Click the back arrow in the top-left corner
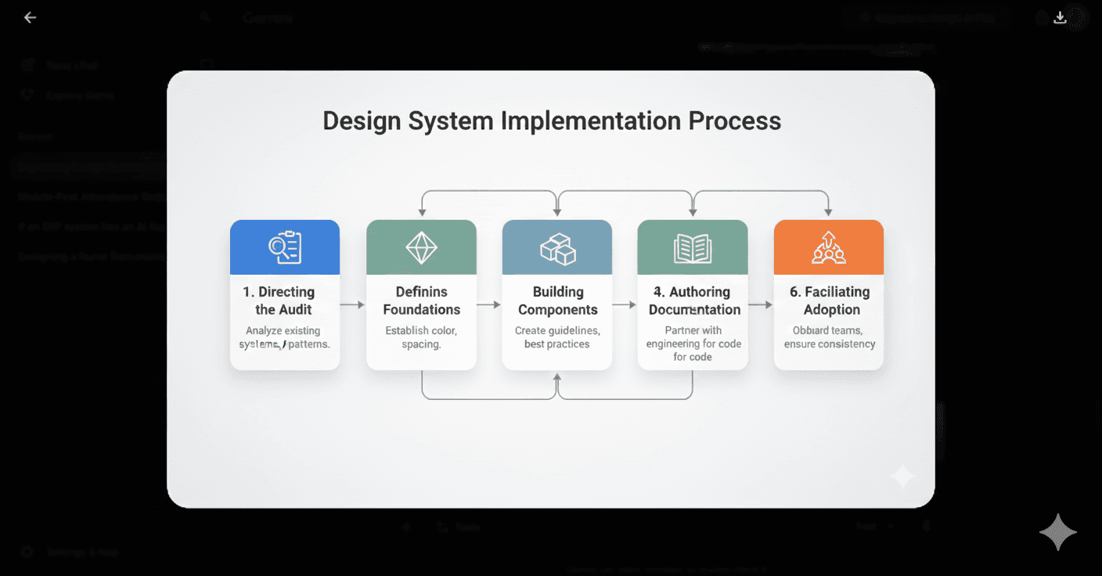30,17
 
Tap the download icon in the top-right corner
1061,17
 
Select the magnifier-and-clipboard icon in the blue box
285,247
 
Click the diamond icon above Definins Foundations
421,247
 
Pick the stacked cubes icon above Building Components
557,248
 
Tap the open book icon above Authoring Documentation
693,248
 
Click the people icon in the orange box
829,247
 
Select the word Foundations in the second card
421,309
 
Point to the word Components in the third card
557,309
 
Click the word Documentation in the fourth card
694,309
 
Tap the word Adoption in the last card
831,309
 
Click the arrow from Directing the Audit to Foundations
353,304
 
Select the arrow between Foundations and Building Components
489,304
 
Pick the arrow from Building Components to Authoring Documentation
625,304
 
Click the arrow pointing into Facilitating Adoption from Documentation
761,304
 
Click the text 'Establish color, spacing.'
421,337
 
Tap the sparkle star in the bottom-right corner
1058,532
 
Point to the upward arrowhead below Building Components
557,378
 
